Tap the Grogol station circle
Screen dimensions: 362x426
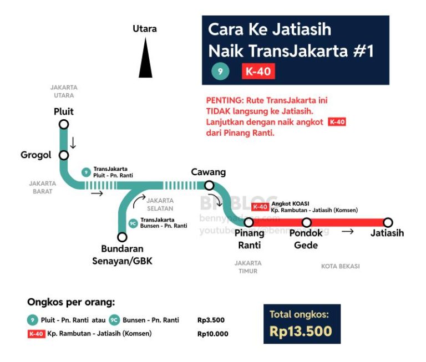(x=64, y=155)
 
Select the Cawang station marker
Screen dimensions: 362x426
(x=209, y=185)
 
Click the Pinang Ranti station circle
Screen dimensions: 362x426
(x=249, y=222)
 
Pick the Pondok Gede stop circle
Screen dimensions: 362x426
(x=306, y=222)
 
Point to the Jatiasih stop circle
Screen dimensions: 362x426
(x=388, y=222)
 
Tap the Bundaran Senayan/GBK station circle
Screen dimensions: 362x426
(x=123, y=237)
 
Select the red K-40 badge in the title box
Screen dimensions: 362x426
(x=258, y=72)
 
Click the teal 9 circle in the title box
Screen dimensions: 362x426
(x=220, y=72)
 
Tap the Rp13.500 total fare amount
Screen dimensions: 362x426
(x=301, y=331)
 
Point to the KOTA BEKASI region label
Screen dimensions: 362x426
(x=341, y=266)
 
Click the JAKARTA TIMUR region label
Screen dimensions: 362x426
(x=248, y=267)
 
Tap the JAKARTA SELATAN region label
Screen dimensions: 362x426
(x=160, y=205)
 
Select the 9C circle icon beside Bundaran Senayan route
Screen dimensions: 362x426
(x=133, y=223)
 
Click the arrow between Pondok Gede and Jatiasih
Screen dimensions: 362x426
(x=347, y=232)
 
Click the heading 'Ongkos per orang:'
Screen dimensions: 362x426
(x=71, y=302)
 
